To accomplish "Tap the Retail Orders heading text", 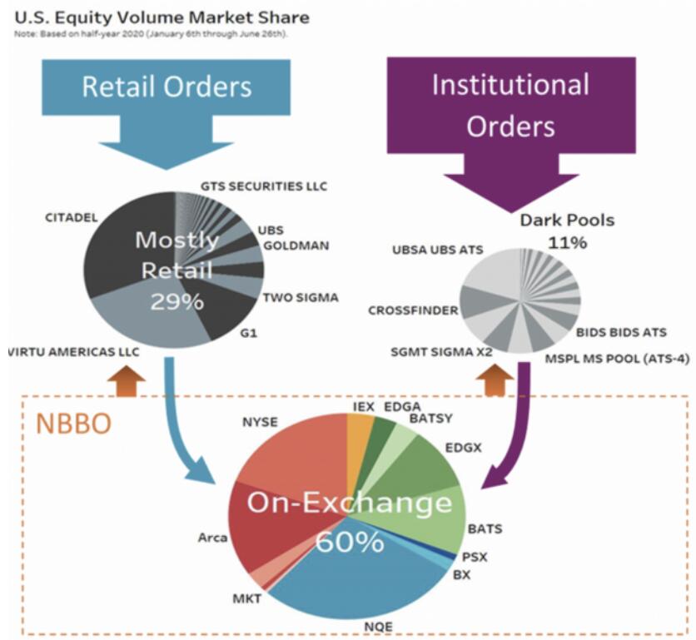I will pos(167,86).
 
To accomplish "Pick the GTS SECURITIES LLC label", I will pos(264,186).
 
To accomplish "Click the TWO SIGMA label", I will pos(301,297).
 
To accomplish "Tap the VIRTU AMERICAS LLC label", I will pos(72,352).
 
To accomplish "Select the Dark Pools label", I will pos(567,221).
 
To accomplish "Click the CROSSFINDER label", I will pos(413,310).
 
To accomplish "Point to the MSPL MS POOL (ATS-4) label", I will pos(617,359).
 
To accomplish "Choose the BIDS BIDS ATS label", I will pos(621,332).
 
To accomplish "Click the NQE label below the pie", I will pos(359,626).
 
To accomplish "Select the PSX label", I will pos(475,557).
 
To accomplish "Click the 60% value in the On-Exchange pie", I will pos(350,542).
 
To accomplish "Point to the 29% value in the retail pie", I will pos(176,300).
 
